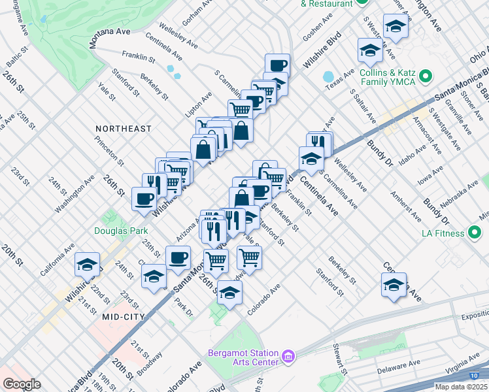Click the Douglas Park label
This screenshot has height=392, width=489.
pyautogui.click(x=121, y=231)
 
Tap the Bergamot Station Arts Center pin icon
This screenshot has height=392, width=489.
pyautogui.click(x=288, y=357)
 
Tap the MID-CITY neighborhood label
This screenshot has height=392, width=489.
pyautogui.click(x=123, y=316)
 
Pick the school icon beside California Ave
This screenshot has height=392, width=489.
pyautogui.click(x=87, y=265)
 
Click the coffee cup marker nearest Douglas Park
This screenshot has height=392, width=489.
pyautogui.click(x=144, y=199)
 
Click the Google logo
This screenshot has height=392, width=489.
pyautogui.click(x=21, y=384)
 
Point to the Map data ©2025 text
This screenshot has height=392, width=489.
pyautogui.click(x=461, y=387)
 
